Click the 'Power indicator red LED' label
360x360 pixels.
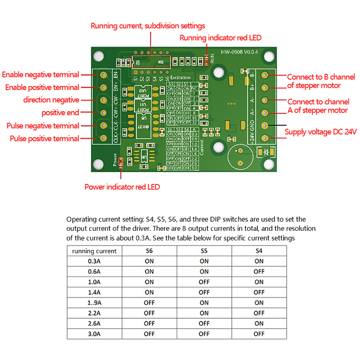[x=122, y=187]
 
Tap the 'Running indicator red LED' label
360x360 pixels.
[x=220, y=38]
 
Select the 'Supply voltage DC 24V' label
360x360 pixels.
[x=320, y=132]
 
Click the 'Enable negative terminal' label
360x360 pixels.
[x=40, y=75]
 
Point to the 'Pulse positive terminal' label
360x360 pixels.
[x=45, y=139]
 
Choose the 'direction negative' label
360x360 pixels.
[x=51, y=100]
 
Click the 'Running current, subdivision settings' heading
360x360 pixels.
[x=148, y=26]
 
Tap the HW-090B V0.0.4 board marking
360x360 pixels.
[x=239, y=52]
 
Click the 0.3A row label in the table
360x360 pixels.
[x=94, y=261]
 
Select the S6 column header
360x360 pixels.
[x=149, y=251]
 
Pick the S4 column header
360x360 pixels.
[x=259, y=251]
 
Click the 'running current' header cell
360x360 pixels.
[x=94, y=251]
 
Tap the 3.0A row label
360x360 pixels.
[x=94, y=334]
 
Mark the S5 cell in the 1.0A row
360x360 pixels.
[x=204, y=282]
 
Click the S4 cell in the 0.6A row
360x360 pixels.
[x=259, y=271]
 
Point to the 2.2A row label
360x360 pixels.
[x=94, y=313]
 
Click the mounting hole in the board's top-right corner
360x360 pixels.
[x=269, y=56]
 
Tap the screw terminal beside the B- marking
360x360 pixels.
[x=264, y=75]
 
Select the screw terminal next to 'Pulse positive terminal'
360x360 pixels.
[x=104, y=138]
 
